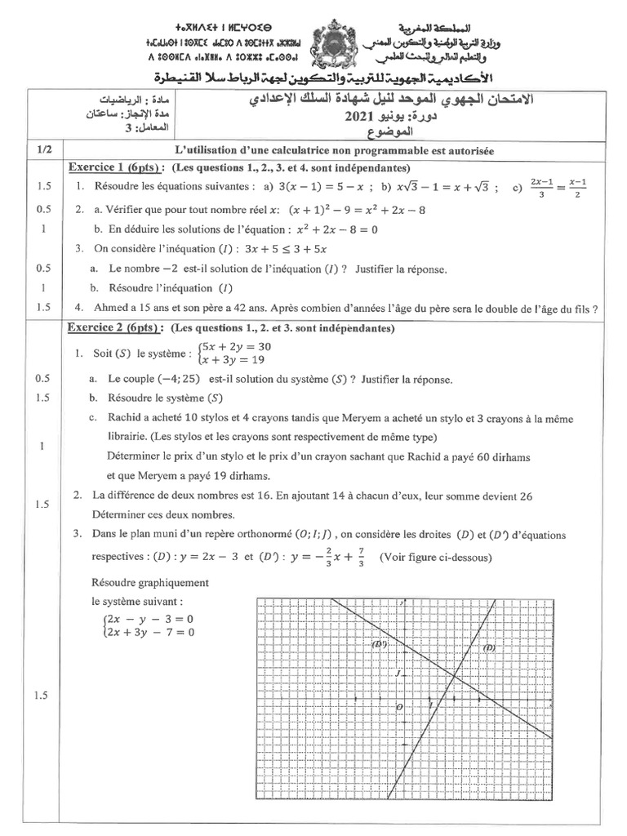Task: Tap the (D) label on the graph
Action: point(489,647)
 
